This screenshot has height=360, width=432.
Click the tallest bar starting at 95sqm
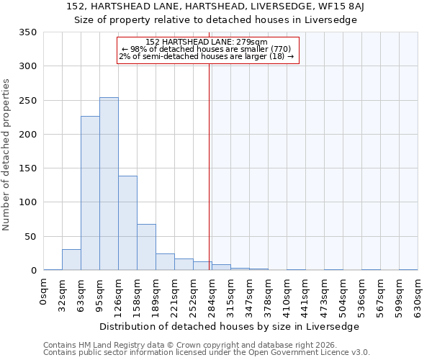109,184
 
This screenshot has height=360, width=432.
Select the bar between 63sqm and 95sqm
90,193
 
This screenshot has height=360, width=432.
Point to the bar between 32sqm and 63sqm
71,260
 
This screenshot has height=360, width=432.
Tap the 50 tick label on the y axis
30,236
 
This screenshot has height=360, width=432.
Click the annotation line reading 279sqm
207,42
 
